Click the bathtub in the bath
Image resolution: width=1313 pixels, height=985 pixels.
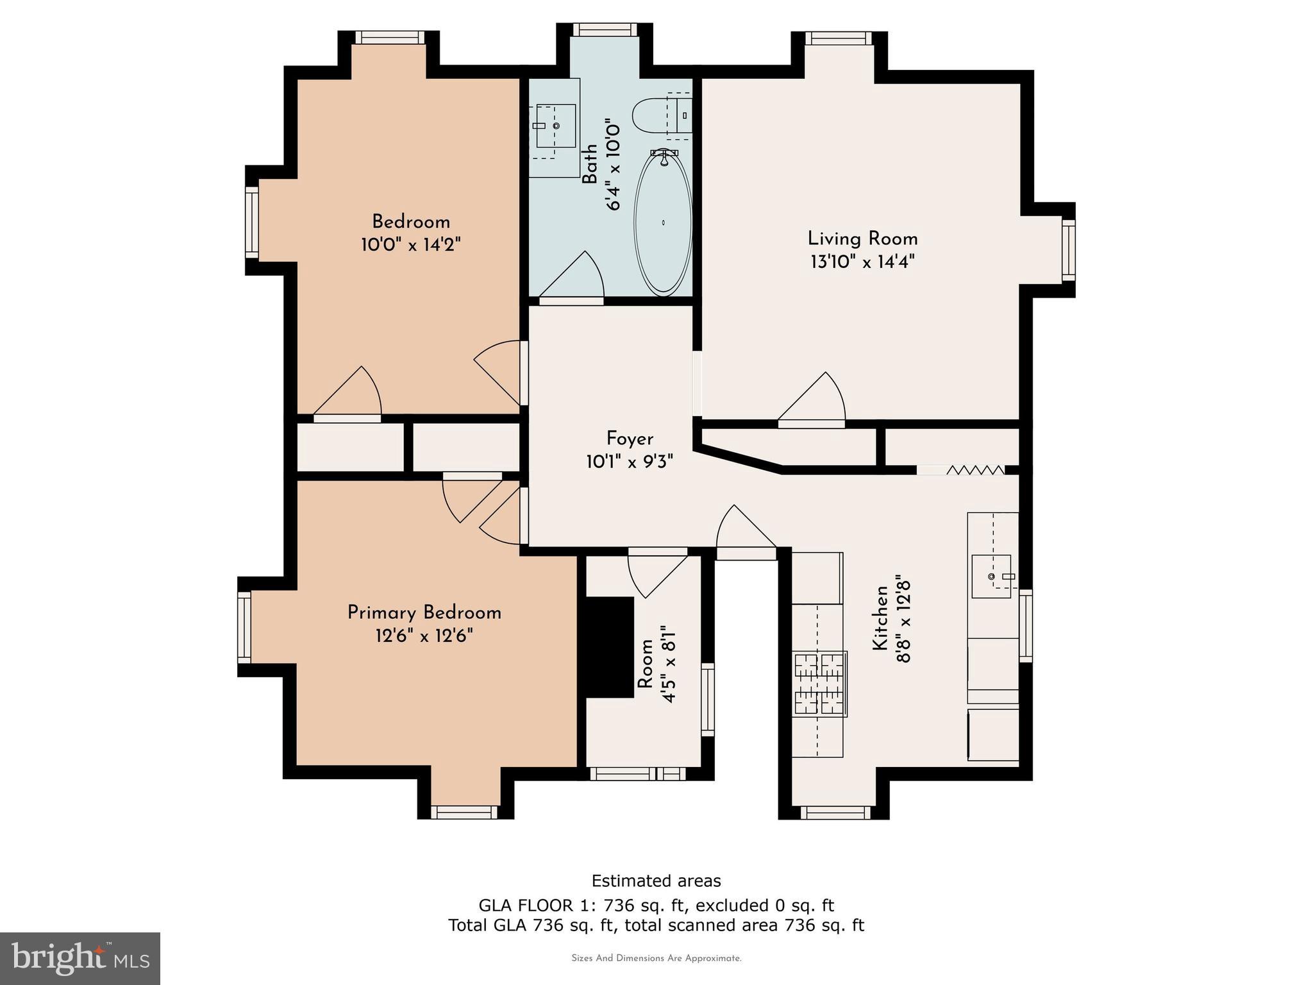pos(663,223)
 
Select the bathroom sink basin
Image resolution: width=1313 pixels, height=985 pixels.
pos(555,126)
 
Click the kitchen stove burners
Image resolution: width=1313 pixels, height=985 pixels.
pos(820,684)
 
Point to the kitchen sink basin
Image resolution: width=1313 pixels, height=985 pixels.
pos(991,577)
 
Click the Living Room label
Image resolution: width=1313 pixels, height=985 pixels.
pos(862,239)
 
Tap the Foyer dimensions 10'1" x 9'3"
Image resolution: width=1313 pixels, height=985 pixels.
pos(630,462)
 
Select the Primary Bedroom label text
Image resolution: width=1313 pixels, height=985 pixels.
pos(424,613)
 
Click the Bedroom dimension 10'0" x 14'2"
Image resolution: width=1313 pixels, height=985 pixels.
pos(411,245)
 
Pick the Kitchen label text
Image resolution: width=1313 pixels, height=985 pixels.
pos(881,618)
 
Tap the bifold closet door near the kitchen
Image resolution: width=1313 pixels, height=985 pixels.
pos(975,470)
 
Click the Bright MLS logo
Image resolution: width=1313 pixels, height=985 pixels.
pos(80,958)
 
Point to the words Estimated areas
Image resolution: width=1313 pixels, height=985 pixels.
pos(656,880)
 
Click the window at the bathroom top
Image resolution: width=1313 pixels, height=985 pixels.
pos(605,29)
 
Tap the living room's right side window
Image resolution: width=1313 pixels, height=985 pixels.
pos(1068,250)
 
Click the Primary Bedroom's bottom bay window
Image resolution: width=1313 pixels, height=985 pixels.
pos(464,812)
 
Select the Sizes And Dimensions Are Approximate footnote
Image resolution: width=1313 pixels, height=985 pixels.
pos(656,958)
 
